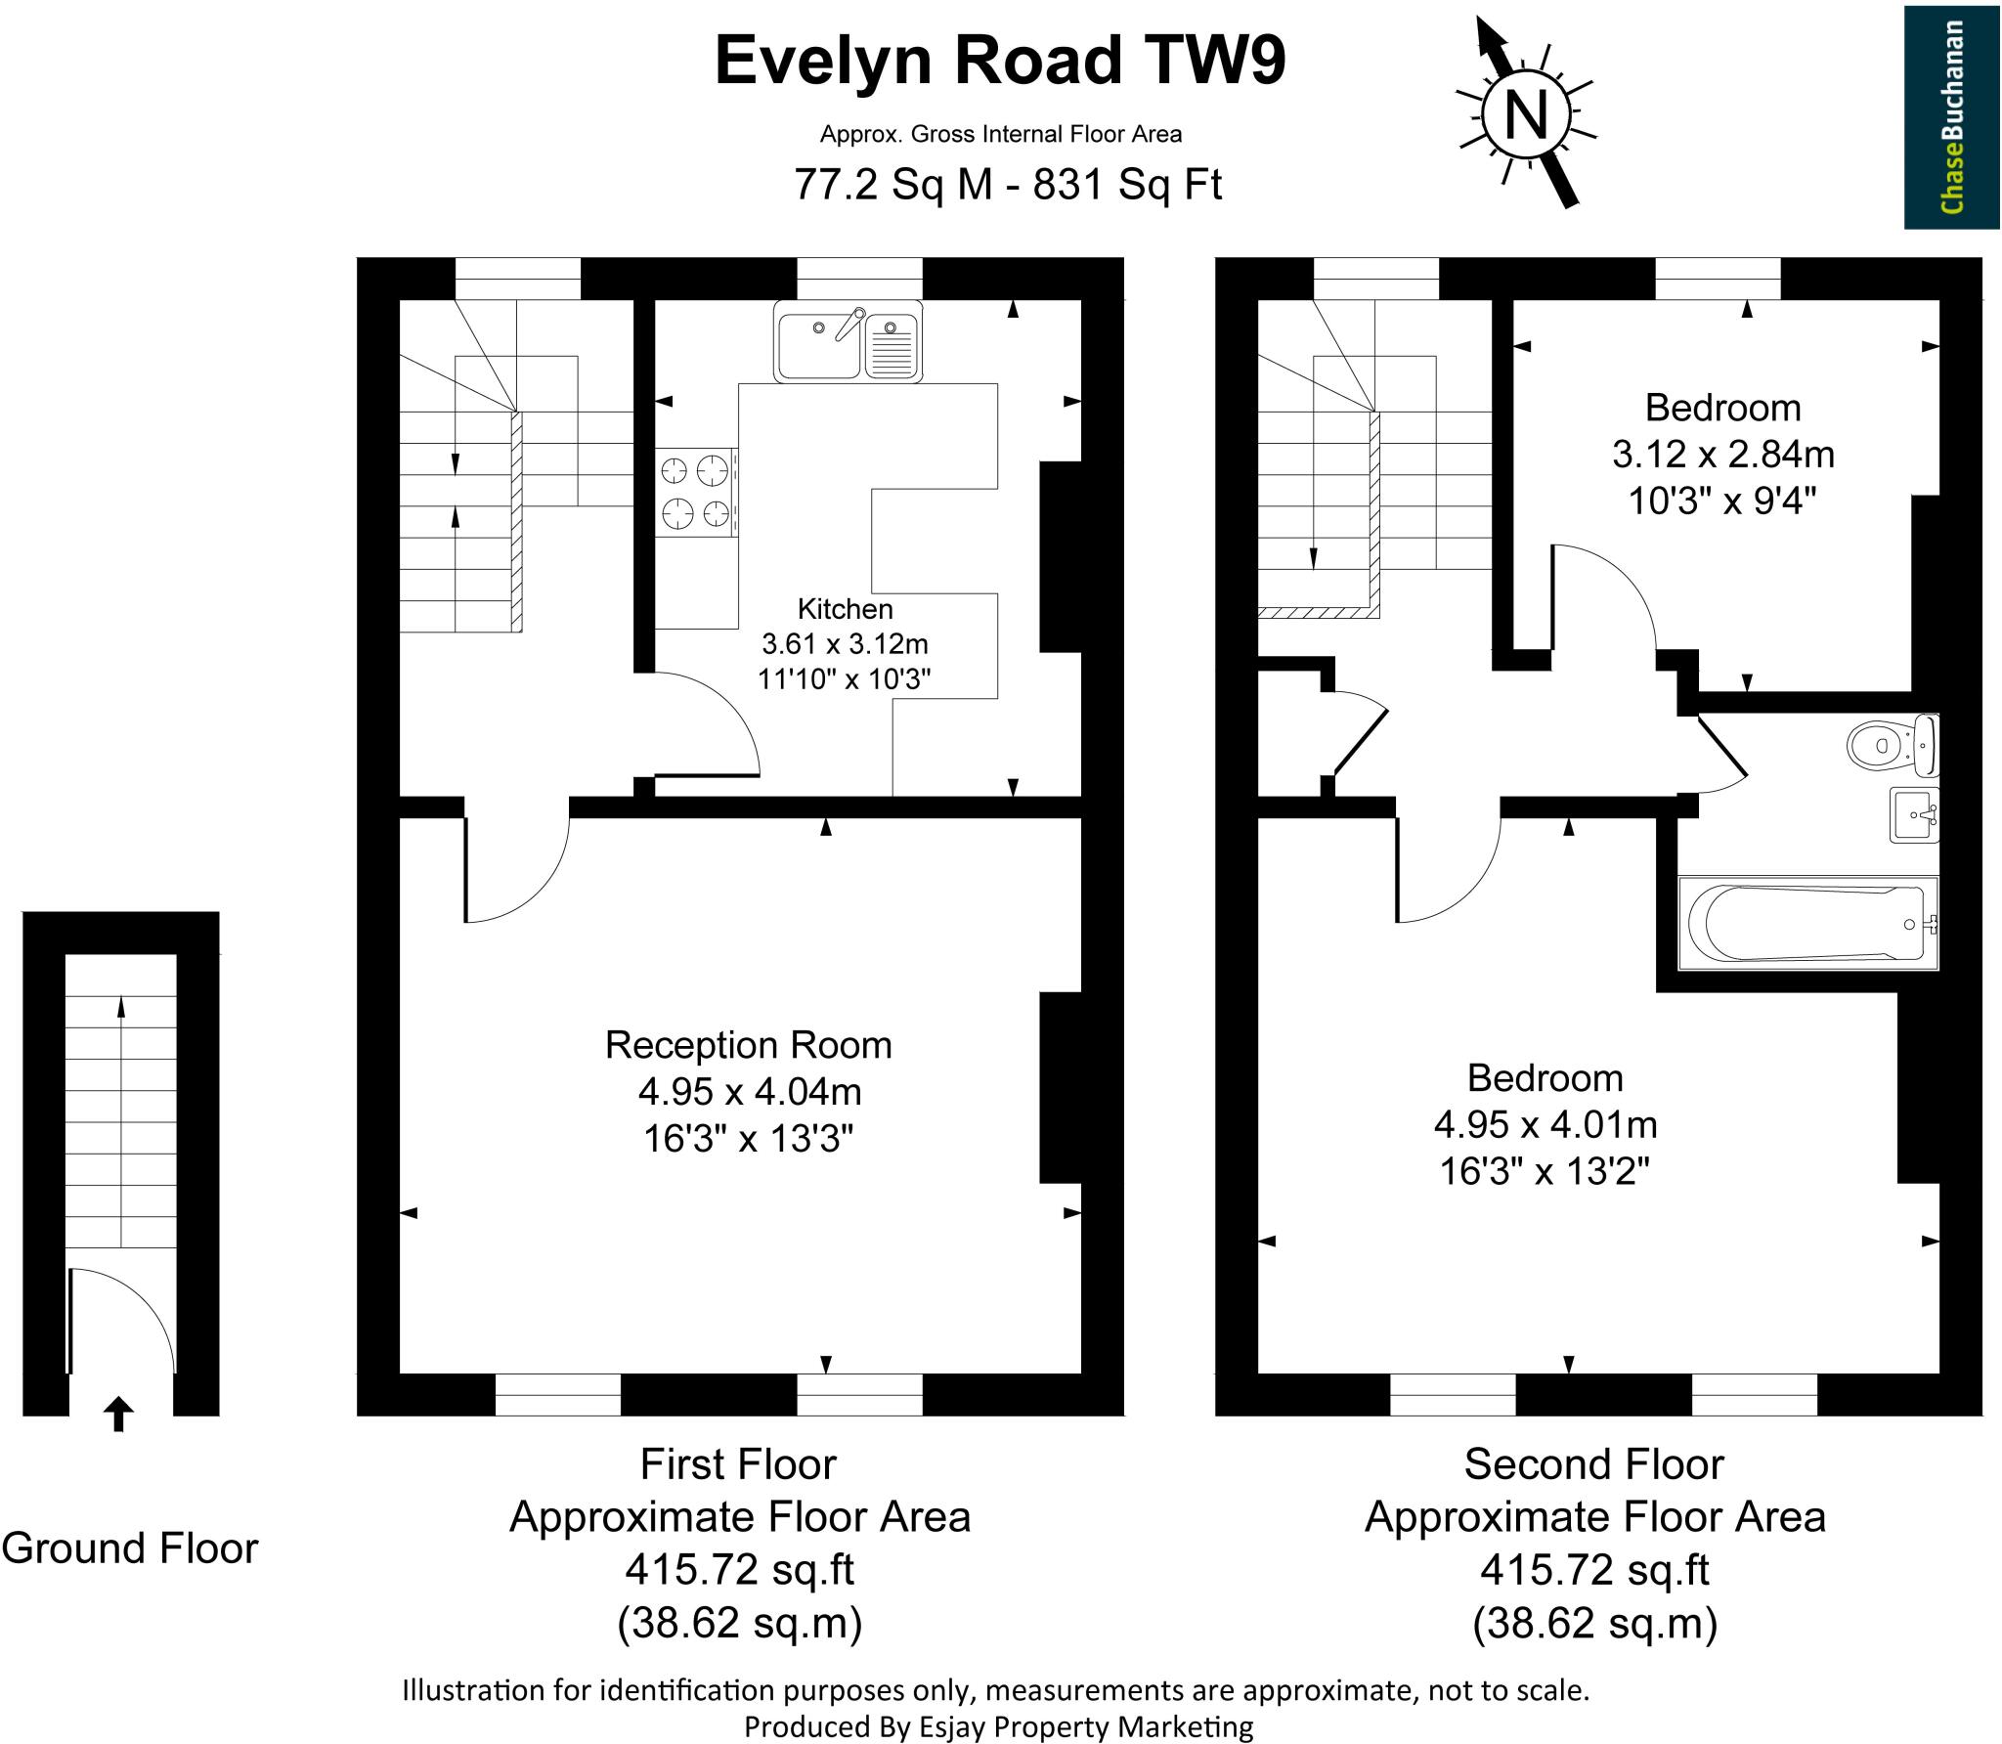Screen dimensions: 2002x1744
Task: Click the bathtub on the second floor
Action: (x=1807, y=923)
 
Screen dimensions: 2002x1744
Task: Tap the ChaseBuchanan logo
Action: (x=1952, y=117)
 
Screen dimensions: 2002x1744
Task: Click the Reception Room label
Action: (x=748, y=1045)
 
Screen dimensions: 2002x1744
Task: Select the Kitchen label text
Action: (x=845, y=609)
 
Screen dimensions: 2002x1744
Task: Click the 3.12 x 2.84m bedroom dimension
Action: (x=1722, y=455)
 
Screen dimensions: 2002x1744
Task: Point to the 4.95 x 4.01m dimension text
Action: (x=1545, y=1125)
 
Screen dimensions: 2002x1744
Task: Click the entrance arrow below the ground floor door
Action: (x=118, y=1414)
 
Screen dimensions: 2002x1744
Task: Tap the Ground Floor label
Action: (x=130, y=1548)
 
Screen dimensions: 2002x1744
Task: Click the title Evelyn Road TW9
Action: (x=1000, y=61)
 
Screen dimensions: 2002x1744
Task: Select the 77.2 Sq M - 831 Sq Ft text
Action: (x=1007, y=184)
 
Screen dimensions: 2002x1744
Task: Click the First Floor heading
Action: (x=738, y=1464)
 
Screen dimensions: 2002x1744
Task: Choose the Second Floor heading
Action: (x=1593, y=1464)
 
